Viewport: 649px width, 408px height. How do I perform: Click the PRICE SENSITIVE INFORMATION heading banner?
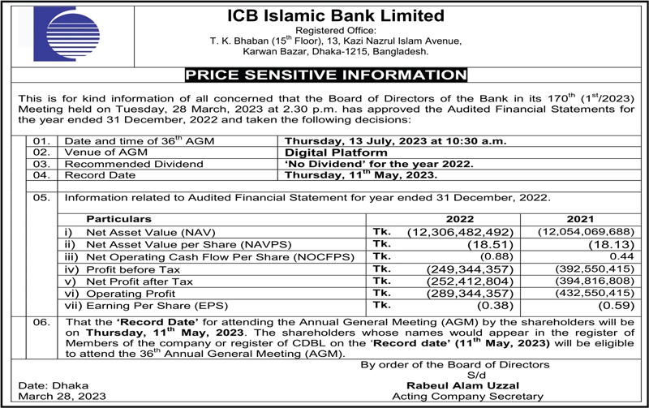pos(324,76)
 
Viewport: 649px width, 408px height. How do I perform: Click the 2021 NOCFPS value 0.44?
pos(617,256)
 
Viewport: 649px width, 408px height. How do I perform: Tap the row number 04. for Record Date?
pos(41,175)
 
